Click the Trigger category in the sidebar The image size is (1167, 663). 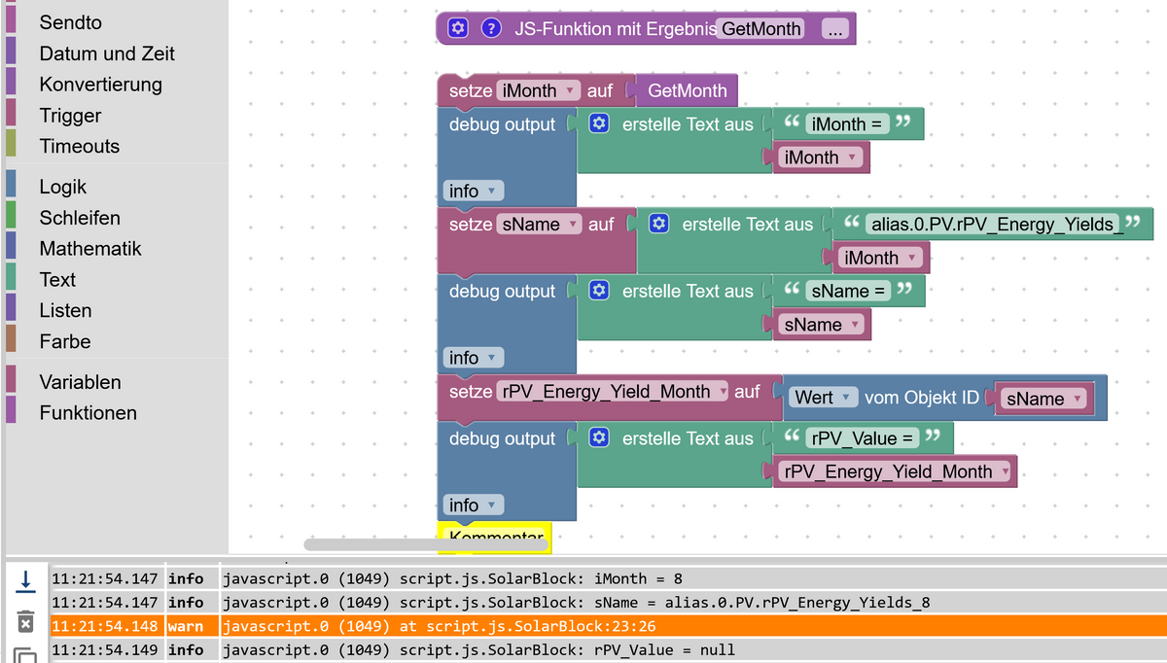click(70, 116)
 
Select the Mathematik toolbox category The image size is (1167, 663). click(90, 249)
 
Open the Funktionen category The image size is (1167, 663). click(88, 413)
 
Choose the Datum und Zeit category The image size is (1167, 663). click(107, 53)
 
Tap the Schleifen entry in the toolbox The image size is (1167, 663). click(80, 218)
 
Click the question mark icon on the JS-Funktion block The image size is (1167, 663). click(492, 28)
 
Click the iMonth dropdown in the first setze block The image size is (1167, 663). click(539, 91)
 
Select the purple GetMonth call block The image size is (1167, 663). click(687, 91)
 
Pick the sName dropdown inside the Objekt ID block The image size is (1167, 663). click(1043, 399)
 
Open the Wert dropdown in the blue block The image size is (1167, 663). click(823, 398)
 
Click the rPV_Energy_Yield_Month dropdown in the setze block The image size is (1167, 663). click(613, 392)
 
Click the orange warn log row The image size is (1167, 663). click(583, 626)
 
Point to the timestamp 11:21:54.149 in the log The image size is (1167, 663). click(105, 649)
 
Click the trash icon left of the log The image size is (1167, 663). click(26, 621)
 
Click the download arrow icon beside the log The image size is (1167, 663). click(26, 581)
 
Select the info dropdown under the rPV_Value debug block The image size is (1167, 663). click(474, 506)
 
